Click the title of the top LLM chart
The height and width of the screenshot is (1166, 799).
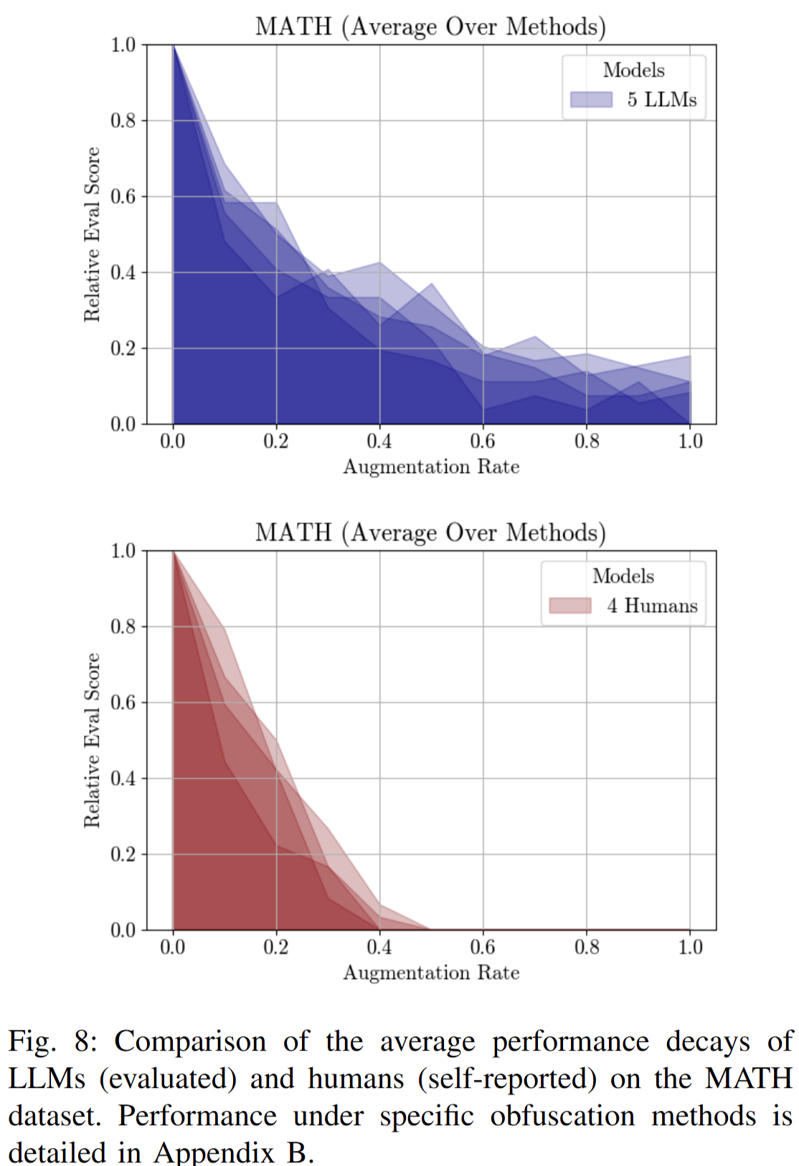point(430,27)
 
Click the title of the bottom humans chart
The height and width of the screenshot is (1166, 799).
point(430,532)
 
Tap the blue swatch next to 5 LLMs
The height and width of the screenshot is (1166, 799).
point(591,100)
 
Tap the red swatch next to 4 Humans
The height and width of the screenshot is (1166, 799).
point(570,606)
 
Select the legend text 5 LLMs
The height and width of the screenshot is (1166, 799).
point(661,100)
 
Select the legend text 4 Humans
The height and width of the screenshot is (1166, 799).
point(652,606)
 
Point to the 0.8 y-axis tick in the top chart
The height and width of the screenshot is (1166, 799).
point(123,120)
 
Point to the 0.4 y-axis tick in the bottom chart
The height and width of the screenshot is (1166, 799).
point(123,778)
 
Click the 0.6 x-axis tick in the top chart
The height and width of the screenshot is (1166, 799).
point(483,441)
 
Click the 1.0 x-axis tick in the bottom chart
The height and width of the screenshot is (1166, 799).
point(690,947)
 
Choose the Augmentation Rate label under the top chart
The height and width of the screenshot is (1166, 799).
point(431,467)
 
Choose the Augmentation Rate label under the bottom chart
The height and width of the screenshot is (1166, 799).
point(431,973)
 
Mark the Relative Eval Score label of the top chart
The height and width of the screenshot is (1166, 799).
point(92,234)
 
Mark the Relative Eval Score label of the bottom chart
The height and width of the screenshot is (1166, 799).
point(92,740)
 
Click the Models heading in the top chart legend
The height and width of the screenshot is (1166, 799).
point(633,70)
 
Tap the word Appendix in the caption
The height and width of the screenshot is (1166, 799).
point(214,1152)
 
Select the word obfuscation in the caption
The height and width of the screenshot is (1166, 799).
point(562,1116)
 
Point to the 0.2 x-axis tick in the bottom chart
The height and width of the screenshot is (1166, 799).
point(276,947)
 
